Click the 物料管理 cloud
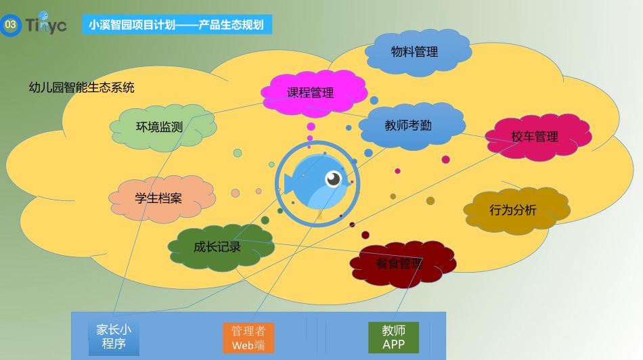pos(418,53)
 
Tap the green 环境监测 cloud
pos(163,127)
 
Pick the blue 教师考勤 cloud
pos(412,126)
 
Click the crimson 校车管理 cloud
pos(538,137)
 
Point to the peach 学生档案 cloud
pos(162,199)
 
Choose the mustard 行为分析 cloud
pos(516,210)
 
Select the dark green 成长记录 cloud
pos(221,247)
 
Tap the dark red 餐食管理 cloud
pos(403,264)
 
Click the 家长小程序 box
pos(114,337)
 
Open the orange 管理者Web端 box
pos(248,338)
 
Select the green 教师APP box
pos(394,337)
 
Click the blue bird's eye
pos(333,179)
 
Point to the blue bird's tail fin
pos(289,183)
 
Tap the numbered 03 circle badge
pos(10,24)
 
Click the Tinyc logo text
pos(46,24)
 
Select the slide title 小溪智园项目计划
pos(131,25)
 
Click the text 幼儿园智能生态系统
pos(82,87)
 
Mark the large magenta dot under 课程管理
pos(311,127)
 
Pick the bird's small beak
pos(348,183)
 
